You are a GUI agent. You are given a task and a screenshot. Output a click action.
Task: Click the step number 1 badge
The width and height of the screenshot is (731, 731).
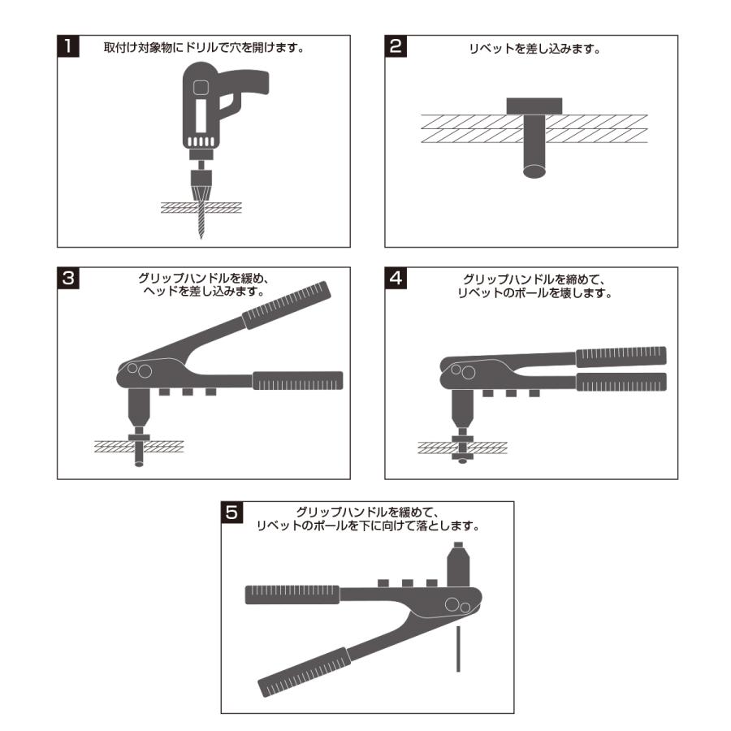(68, 46)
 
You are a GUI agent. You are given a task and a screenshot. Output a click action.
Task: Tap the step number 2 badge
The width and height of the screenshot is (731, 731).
(396, 46)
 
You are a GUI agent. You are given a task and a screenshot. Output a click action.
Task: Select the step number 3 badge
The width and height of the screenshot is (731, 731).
(68, 278)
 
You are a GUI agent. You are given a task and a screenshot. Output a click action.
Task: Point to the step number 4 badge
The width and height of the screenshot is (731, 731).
(396, 278)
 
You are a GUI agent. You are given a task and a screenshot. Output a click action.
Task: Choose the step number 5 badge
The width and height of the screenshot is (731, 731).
(231, 513)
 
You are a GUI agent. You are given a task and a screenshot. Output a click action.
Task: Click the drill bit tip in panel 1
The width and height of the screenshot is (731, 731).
(201, 237)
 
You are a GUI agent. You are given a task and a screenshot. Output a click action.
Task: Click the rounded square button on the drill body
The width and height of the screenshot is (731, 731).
(201, 87)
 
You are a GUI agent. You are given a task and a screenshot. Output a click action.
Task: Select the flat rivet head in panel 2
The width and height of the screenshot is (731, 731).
(534, 106)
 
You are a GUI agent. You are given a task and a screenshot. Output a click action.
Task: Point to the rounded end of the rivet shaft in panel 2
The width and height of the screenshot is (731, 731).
(534, 171)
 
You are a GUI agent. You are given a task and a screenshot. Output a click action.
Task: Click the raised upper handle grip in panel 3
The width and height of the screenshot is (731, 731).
(286, 305)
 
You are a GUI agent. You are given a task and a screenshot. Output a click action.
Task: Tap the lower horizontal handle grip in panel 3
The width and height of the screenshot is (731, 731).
(298, 380)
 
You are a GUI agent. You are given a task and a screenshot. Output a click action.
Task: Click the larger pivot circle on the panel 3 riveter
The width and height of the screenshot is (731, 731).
(145, 371)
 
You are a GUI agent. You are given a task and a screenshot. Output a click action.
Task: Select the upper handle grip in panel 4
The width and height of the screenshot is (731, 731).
(621, 357)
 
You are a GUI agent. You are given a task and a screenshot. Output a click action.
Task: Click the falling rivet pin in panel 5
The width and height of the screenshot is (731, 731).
(458, 648)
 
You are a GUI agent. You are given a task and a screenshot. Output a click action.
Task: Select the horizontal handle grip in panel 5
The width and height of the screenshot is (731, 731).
(292, 595)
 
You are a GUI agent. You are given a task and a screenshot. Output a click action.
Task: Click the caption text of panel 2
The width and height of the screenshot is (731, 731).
(534, 49)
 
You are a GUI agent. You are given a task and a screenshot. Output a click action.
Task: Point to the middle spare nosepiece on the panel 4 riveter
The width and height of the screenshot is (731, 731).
(511, 393)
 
